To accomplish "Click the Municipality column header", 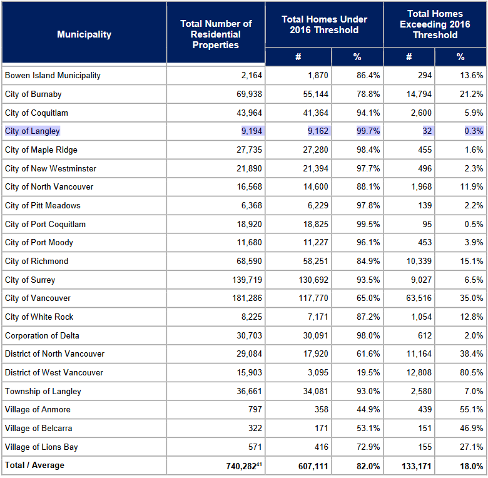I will click(x=84, y=34).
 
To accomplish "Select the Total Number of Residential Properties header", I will click(x=216, y=34).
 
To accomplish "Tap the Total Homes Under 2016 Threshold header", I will click(x=324, y=24).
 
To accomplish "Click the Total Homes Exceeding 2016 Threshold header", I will click(x=435, y=24).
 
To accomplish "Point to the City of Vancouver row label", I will click(x=38, y=298).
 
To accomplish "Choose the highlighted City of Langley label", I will click(x=33, y=131).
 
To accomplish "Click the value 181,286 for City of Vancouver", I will click(x=247, y=298).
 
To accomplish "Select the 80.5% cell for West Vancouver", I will click(x=469, y=373).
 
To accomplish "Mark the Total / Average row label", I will click(x=34, y=465).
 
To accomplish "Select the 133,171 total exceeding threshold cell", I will click(x=414, y=466).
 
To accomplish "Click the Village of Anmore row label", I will click(x=38, y=410).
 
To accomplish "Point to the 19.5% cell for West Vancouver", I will click(x=368, y=373).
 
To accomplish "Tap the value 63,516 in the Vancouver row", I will click(x=417, y=298).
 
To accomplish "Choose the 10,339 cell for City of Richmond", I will click(x=417, y=262).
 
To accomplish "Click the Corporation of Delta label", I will click(x=42, y=336).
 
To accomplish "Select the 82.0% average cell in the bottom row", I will click(x=367, y=466).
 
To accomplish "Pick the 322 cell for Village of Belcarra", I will click(x=255, y=429).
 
